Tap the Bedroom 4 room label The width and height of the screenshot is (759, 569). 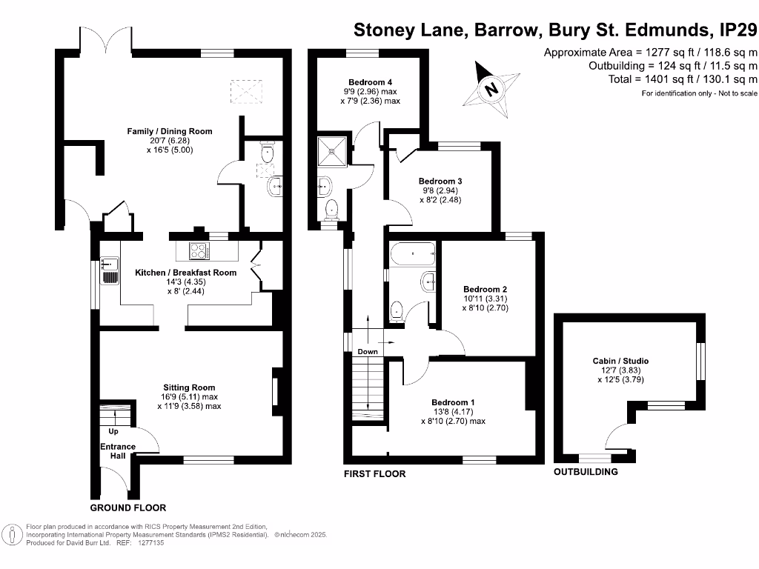(370, 82)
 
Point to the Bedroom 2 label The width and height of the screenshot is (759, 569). (485, 289)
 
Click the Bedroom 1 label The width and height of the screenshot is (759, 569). (453, 402)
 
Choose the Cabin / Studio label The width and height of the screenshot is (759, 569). (620, 361)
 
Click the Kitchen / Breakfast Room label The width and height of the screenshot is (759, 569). (185, 273)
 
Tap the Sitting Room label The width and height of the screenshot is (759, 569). (189, 387)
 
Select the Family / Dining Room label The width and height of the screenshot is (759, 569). (170, 131)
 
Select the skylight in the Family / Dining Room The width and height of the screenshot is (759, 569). (247, 93)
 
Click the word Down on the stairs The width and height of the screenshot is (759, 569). (367, 351)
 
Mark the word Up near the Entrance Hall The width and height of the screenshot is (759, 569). (113, 431)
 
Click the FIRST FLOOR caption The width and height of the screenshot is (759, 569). (374, 473)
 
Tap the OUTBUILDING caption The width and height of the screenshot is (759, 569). (585, 472)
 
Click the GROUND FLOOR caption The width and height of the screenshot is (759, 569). (127, 508)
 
